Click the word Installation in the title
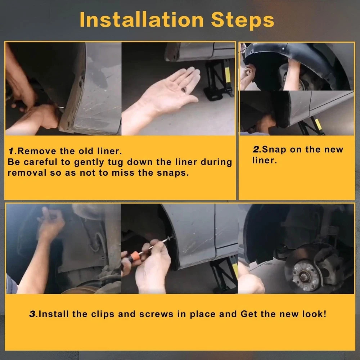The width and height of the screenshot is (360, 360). point(141,19)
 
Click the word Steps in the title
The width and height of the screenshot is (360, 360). point(242,20)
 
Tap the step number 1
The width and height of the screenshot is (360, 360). point(11,151)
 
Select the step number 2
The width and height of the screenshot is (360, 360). point(256,149)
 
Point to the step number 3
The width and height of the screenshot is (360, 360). point(33,314)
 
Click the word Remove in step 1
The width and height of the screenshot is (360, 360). point(37,151)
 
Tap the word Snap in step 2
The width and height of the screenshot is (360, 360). point(274,150)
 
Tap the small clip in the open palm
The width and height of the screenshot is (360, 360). point(184,90)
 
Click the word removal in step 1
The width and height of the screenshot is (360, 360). point(27,173)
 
